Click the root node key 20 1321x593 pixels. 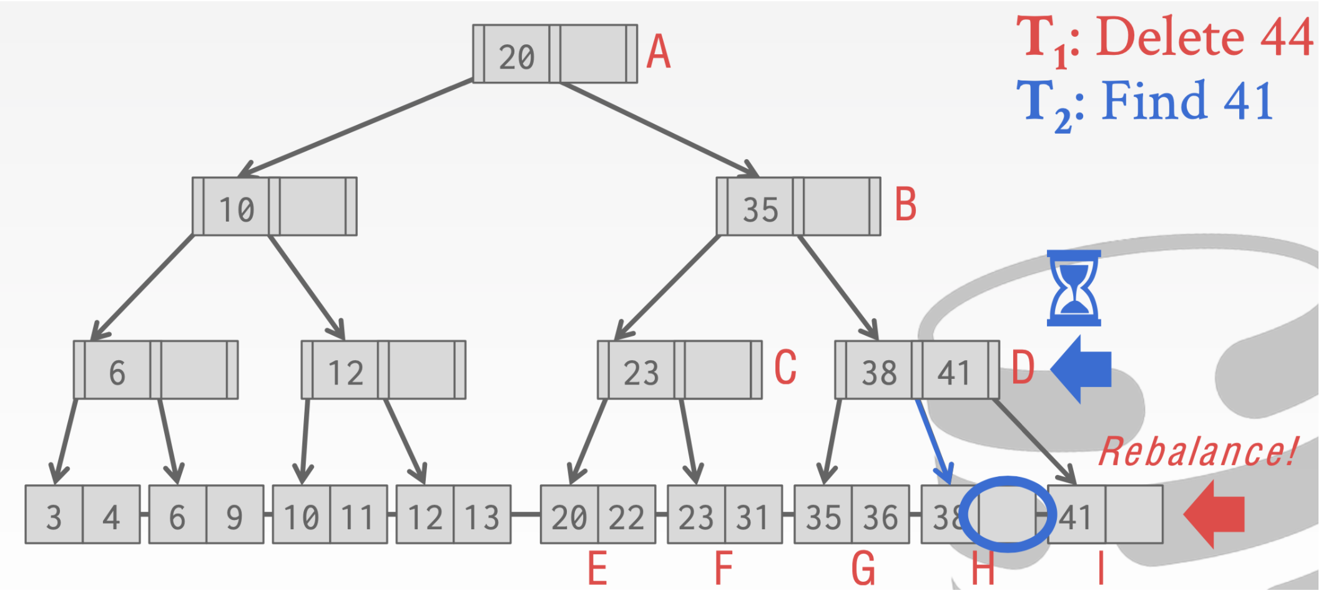516,56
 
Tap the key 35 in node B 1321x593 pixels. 760,209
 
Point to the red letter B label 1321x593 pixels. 905,205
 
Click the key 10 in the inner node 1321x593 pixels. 237,209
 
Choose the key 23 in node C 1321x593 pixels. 641,373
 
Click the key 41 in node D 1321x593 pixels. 953,373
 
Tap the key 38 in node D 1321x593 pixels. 879,373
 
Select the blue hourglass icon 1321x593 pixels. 1074,288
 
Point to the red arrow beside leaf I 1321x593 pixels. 1214,514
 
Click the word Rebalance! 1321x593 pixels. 1197,452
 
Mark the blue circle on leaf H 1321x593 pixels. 1005,514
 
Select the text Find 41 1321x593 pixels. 1187,101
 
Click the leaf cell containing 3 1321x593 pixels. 54,516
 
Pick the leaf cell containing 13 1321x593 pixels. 482,516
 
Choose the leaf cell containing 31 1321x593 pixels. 753,516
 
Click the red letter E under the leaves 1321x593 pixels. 597,569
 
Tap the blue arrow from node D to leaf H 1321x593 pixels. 933,440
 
